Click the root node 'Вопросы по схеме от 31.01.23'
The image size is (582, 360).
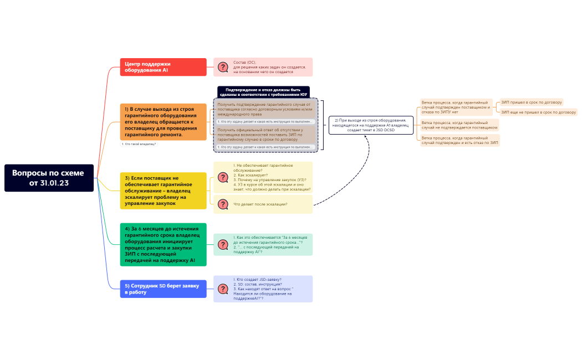tap(49, 178)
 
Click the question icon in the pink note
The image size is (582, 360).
tap(223, 67)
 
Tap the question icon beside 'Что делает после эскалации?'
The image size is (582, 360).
tap(223, 204)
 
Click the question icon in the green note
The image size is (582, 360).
tap(223, 244)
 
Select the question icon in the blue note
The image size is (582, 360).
tap(223, 289)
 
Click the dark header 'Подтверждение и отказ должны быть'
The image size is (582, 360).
tap(263, 91)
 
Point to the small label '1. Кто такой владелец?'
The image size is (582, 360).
tap(139, 144)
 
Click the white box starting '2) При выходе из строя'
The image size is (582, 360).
tap(371, 125)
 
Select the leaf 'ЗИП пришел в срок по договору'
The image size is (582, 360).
tap(531, 102)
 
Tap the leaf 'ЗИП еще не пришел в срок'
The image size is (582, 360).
tap(538, 112)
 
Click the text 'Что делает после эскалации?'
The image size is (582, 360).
tap(260, 204)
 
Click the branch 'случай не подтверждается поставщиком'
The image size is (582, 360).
tap(459, 125)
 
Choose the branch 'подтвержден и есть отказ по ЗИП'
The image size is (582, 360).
tap(460, 140)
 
